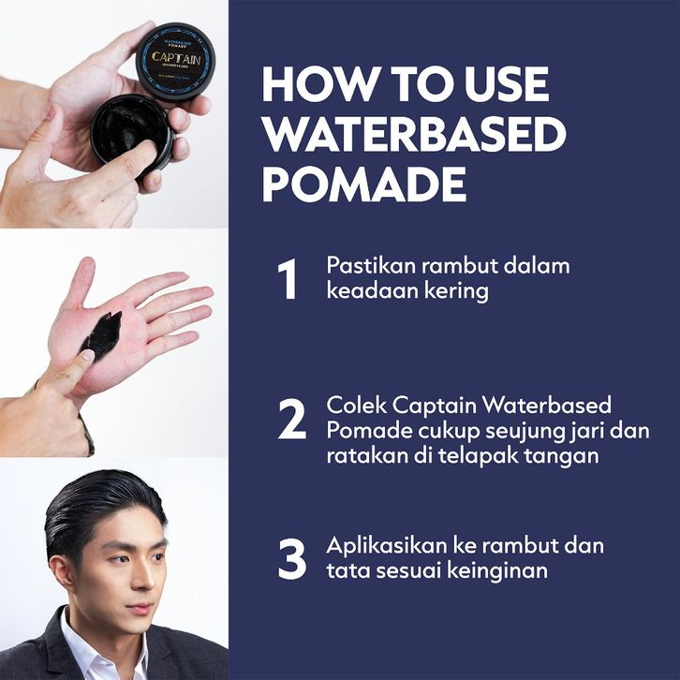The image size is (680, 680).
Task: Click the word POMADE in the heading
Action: pos(364,185)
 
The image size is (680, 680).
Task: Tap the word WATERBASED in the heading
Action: pos(414,134)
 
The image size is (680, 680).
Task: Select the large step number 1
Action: pos(288,279)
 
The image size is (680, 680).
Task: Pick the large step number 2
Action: pos(292,419)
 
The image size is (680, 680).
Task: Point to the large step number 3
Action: pos(292,559)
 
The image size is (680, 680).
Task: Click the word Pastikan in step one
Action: pos(371,265)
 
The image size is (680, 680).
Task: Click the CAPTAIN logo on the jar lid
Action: pos(176,59)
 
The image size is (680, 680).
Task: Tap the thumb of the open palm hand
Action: pos(81,282)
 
